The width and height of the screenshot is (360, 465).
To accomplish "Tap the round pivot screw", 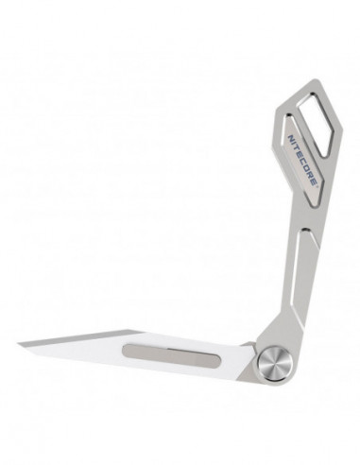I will tap(274, 362).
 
